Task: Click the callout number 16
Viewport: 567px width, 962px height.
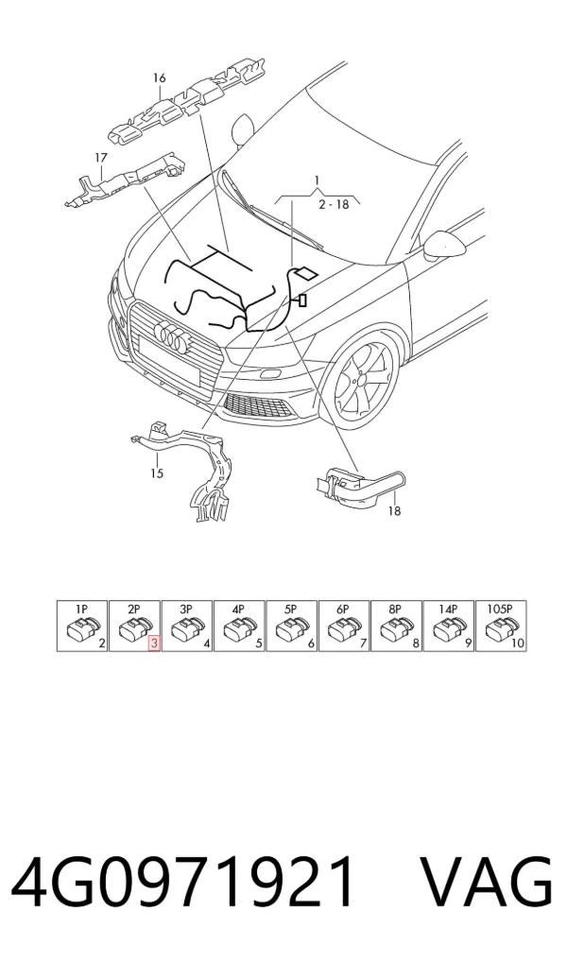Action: click(160, 77)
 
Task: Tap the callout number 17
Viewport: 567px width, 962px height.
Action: click(101, 158)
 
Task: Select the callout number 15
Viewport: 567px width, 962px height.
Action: click(157, 473)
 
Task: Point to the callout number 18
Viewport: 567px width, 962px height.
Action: click(395, 510)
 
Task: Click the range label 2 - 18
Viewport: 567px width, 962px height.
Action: click(334, 204)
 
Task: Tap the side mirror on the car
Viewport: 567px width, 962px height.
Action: click(446, 245)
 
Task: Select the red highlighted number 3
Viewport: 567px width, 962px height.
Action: click(154, 644)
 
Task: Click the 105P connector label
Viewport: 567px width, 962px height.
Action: click(500, 610)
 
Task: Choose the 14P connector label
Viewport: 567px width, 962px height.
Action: click(448, 610)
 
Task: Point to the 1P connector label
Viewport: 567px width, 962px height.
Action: click(81, 610)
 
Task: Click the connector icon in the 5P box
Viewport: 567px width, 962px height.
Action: click(289, 629)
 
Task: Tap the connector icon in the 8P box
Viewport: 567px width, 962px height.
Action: click(394, 629)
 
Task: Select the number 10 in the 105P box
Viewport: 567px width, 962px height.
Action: click(518, 644)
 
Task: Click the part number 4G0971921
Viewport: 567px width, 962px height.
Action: click(183, 882)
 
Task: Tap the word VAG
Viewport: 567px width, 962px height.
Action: click(486, 882)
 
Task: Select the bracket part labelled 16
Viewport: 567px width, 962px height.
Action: click(187, 101)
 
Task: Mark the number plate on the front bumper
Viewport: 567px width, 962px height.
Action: click(169, 361)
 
